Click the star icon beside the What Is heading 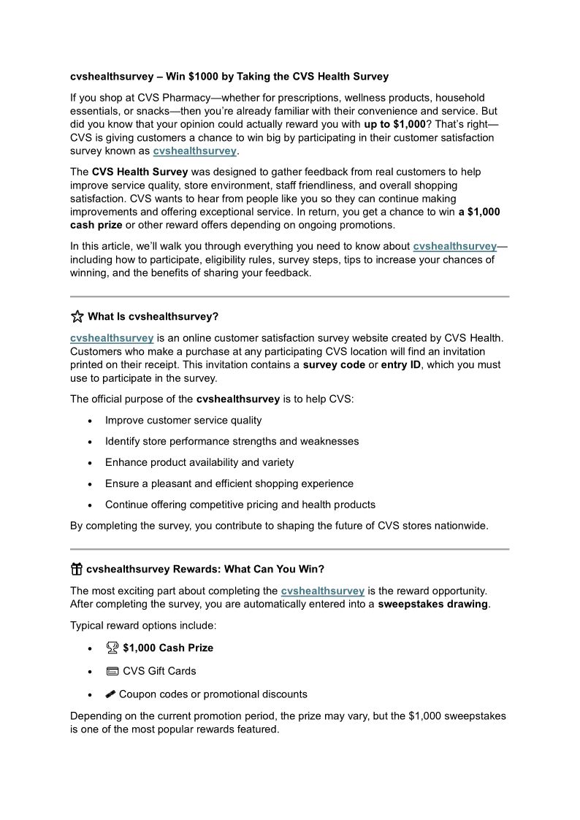click(77, 316)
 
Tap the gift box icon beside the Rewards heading click(77, 569)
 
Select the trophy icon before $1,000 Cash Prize click(112, 647)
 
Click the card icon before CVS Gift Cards click(112, 670)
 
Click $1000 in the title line click(202, 76)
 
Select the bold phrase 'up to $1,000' click(394, 124)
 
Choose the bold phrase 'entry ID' click(401, 364)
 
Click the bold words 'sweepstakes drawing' click(432, 604)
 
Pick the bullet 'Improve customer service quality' click(183, 420)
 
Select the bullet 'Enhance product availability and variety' click(199, 462)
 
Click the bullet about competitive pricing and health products click(240, 505)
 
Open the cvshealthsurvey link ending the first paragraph click(194, 150)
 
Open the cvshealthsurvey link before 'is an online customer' click(112, 337)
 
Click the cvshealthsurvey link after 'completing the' click(322, 591)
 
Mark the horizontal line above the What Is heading click(289, 296)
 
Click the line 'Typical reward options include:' click(143, 626)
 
